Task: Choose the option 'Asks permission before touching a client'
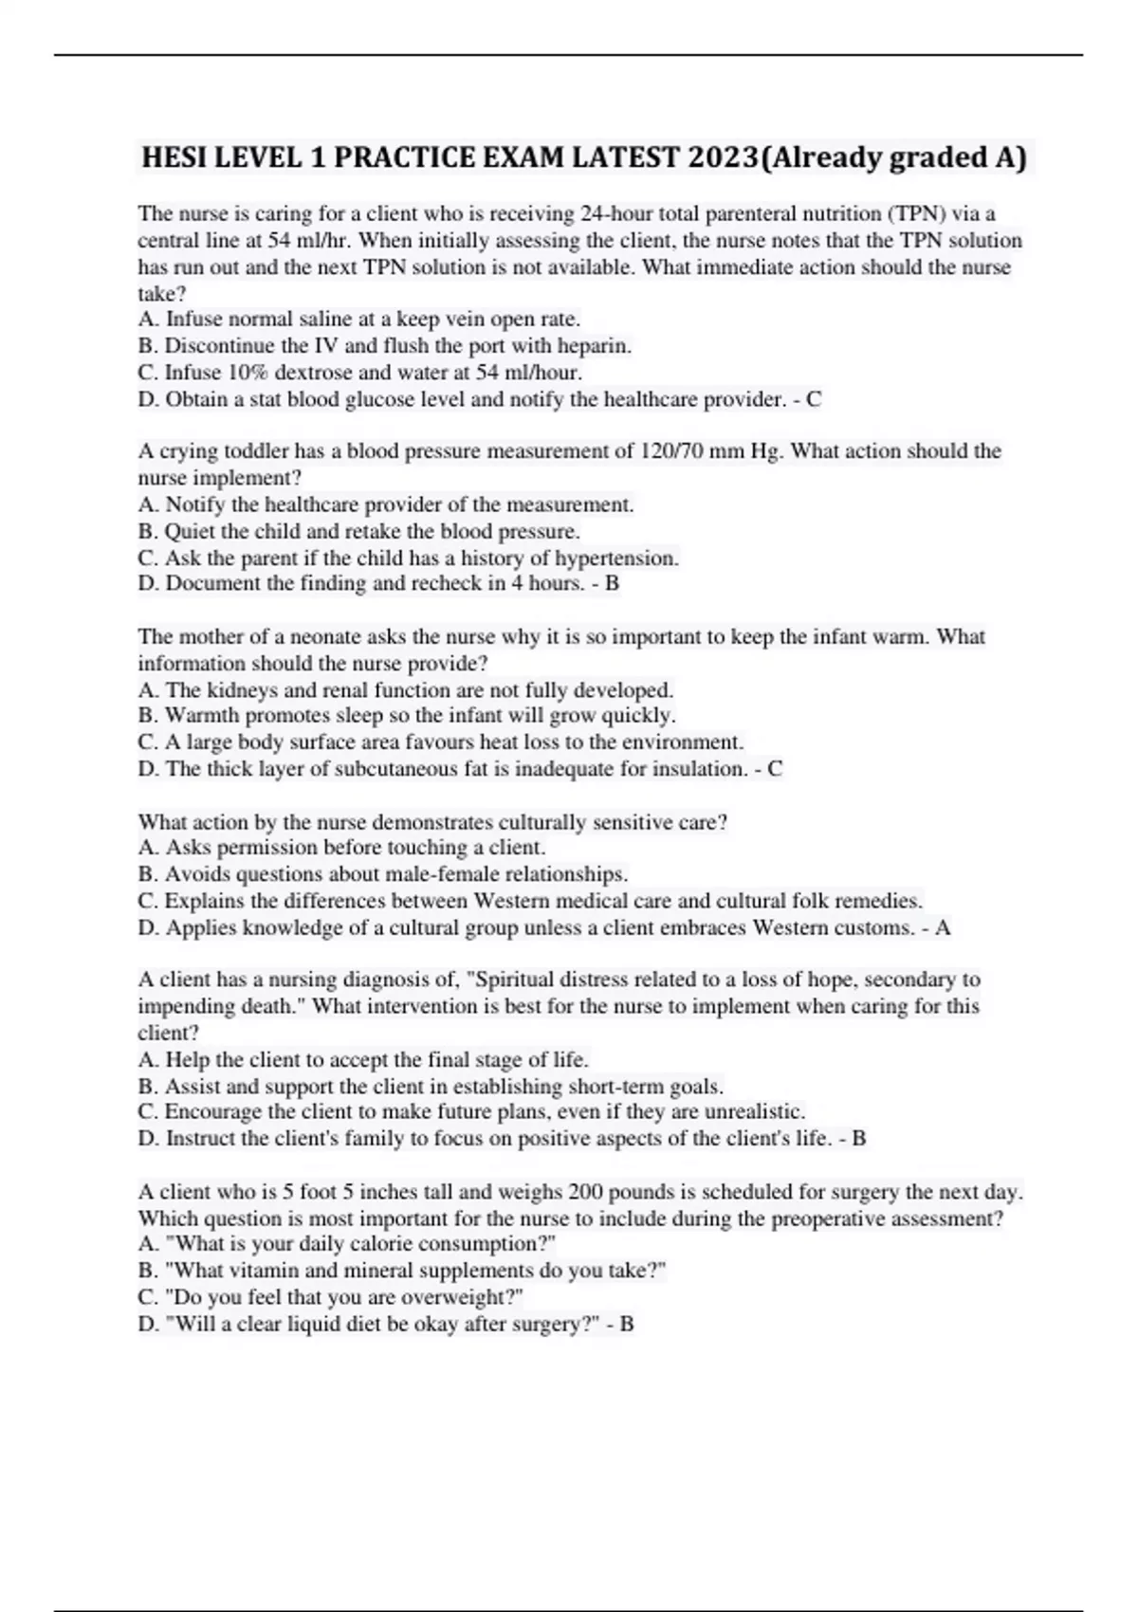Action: (x=341, y=848)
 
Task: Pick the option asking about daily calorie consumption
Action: (x=347, y=1244)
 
